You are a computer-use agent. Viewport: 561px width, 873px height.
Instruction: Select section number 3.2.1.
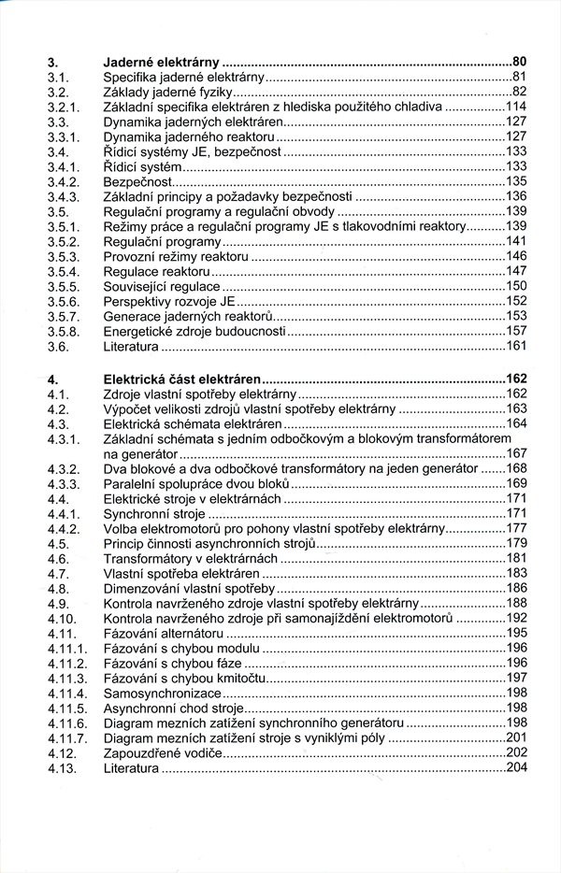pos(61,107)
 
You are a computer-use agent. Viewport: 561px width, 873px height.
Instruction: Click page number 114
pos(517,107)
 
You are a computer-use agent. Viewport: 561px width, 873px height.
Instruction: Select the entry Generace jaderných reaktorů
pos(182,317)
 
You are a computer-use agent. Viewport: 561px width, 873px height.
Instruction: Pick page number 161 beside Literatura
pos(517,347)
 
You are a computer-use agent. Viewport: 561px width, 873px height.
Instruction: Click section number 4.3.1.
pos(61,438)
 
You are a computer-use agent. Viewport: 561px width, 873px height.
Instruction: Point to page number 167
pos(517,453)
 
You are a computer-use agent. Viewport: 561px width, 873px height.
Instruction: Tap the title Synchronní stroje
pos(153,513)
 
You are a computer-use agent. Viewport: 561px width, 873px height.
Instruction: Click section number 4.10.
pos(59,618)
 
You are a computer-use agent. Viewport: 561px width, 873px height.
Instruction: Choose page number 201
pos(517,738)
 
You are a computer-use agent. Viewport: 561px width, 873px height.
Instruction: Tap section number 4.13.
pos(59,768)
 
